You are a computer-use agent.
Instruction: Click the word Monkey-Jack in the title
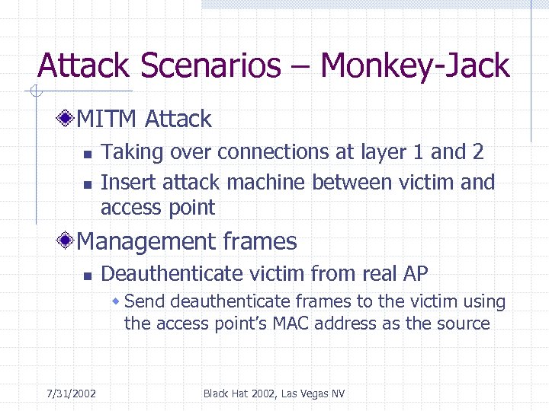pos(415,66)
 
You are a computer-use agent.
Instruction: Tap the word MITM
pos(108,119)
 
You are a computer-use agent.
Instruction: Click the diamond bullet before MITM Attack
pos(68,119)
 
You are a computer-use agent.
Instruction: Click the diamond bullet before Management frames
pos(68,242)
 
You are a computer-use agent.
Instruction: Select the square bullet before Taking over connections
pos(87,155)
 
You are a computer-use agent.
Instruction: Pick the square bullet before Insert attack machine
pos(87,184)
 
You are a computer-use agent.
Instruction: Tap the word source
pos(464,323)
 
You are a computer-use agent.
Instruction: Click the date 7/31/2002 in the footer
pos(71,393)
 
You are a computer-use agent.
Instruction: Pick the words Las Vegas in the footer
pos(303,393)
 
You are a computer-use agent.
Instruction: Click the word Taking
pos(132,152)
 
